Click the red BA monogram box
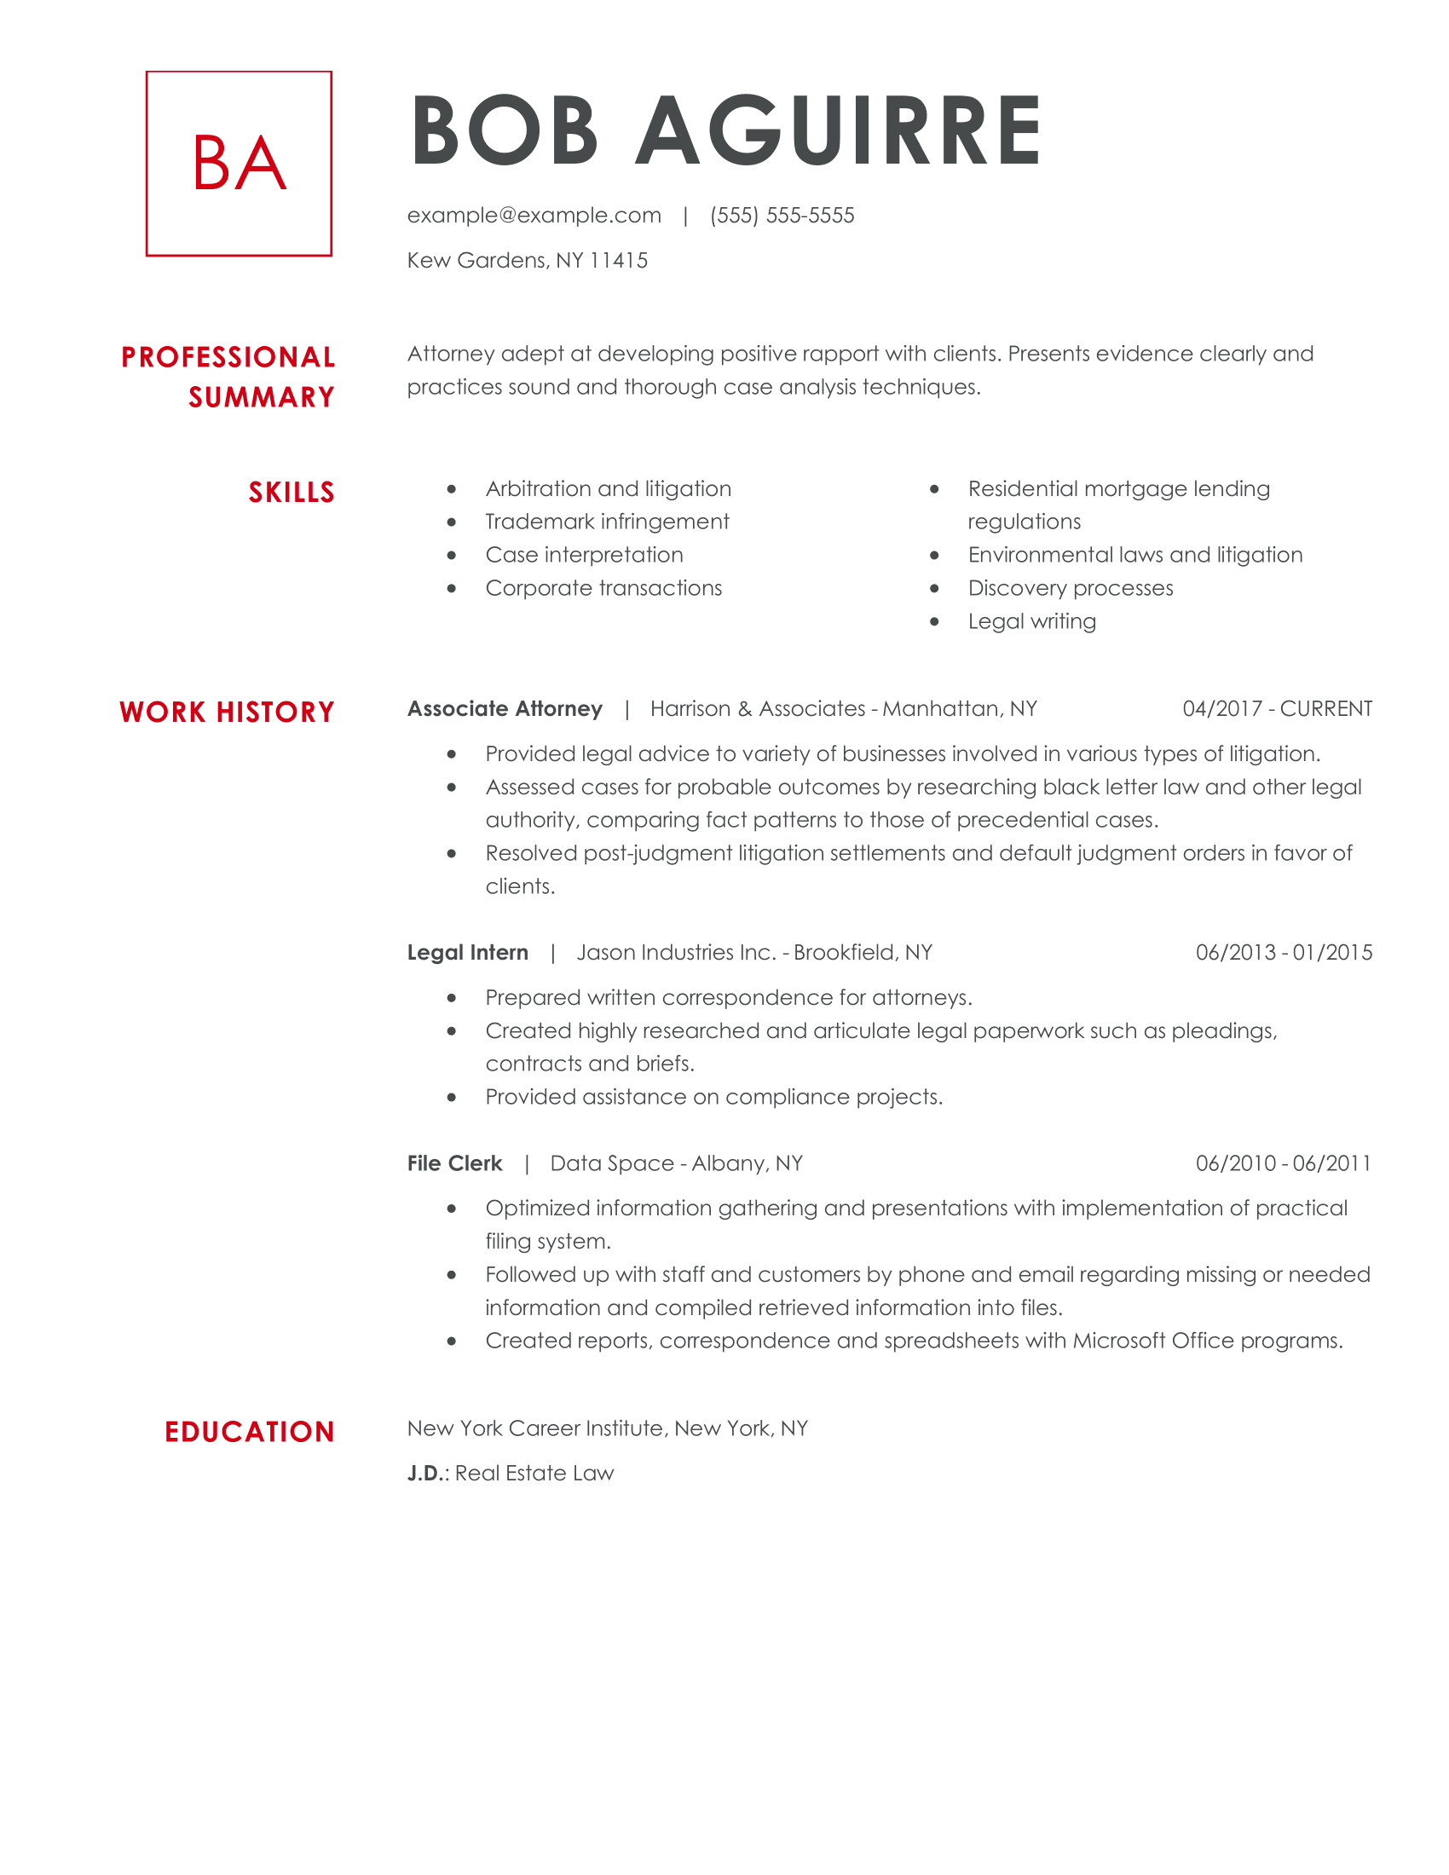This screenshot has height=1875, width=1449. (x=239, y=163)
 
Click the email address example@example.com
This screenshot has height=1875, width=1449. (x=534, y=215)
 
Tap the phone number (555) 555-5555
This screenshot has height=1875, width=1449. (x=782, y=215)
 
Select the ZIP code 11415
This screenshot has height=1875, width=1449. (x=619, y=260)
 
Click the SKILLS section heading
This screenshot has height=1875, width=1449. (x=291, y=492)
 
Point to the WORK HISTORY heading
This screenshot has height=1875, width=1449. (x=227, y=712)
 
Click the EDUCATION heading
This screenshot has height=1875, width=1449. (x=249, y=1431)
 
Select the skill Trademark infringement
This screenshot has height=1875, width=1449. (x=607, y=521)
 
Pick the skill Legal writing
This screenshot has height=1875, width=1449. (x=1032, y=620)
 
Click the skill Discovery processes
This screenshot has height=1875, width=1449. (x=1070, y=588)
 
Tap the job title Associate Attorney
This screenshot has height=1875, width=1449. (x=505, y=708)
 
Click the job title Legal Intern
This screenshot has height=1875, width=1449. (x=468, y=952)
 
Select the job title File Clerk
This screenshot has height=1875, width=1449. (x=454, y=1163)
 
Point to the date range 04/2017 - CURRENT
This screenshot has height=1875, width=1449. (x=1277, y=708)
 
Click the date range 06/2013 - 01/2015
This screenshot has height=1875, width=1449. (x=1284, y=952)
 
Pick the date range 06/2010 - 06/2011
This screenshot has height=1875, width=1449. (x=1284, y=1163)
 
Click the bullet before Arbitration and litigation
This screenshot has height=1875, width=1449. (x=452, y=489)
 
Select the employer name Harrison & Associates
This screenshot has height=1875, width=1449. (x=757, y=708)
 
